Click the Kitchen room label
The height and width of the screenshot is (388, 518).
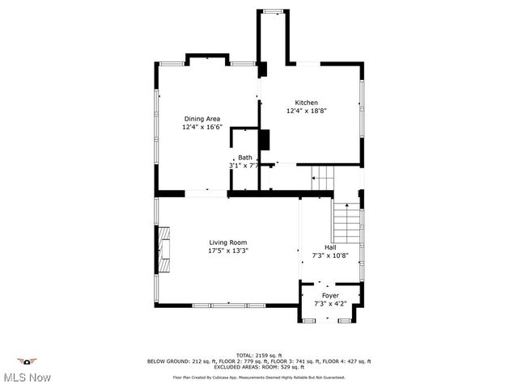point(306,103)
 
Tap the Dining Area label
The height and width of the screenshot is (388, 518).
point(202,119)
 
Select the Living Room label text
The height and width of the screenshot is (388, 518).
point(227,242)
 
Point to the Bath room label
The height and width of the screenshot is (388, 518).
point(244,158)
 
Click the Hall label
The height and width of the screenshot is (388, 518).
point(330,247)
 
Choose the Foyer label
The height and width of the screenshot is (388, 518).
point(330,296)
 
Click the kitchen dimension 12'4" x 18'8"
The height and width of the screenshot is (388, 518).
point(306,111)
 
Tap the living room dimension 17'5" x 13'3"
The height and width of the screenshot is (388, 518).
point(227,251)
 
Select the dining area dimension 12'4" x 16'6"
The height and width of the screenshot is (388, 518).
point(202,127)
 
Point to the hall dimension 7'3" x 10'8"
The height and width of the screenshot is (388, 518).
point(330,255)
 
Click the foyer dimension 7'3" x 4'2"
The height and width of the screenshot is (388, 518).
point(330,304)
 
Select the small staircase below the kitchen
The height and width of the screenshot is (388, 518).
point(323,176)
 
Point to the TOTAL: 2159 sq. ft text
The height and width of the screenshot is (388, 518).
point(258,355)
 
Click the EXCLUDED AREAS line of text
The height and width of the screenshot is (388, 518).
point(258,367)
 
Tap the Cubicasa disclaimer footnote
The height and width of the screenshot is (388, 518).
point(258,377)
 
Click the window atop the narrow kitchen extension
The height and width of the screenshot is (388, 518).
point(273,11)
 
